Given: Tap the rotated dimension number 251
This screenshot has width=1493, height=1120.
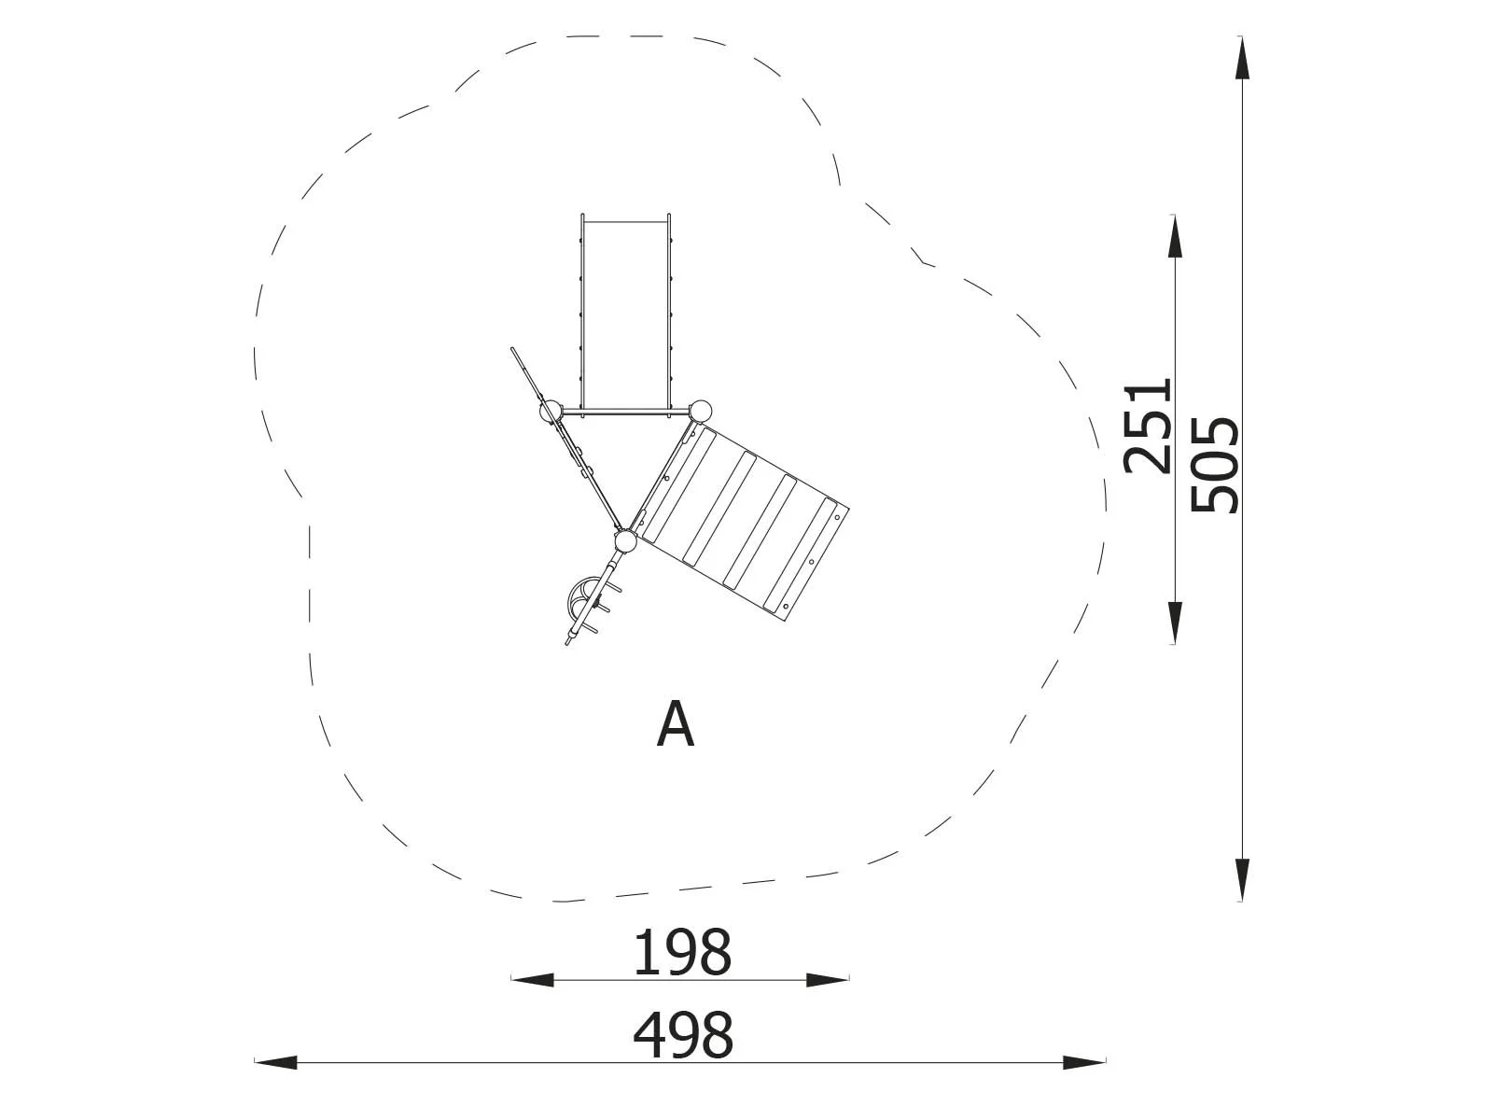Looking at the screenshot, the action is pos(1148,427).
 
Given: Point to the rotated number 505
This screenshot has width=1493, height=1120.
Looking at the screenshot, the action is pos(1215,465).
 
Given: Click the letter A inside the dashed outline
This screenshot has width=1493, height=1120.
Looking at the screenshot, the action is pos(676,725).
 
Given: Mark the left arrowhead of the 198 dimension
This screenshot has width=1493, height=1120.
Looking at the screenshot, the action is pos(532,980).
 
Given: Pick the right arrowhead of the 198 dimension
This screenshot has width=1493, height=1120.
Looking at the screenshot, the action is pos(828,980).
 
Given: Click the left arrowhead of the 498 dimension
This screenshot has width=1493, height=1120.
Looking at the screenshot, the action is pos(275,1062).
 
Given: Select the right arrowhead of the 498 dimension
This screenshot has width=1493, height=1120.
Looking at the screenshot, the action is pos(1084,1062).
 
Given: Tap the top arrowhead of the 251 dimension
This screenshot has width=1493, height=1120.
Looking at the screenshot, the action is pos(1175,236).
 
